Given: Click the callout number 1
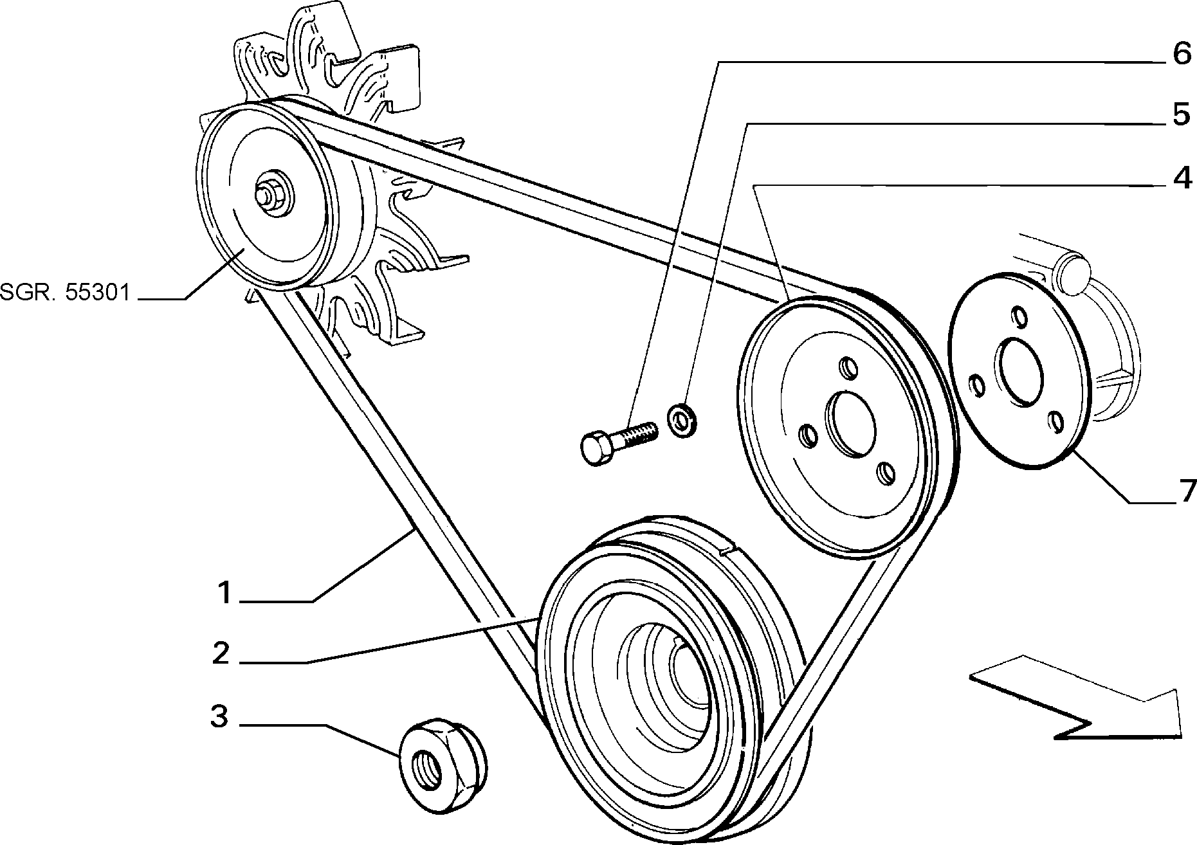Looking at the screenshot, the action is tap(223, 592).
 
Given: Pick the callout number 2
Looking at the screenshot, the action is tap(221, 653).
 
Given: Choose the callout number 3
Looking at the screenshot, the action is tap(220, 715).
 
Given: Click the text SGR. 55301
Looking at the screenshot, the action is tap(65, 293).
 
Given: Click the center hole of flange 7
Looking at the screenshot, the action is tap(1020, 374).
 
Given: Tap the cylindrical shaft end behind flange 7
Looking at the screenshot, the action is tap(1068, 274).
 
